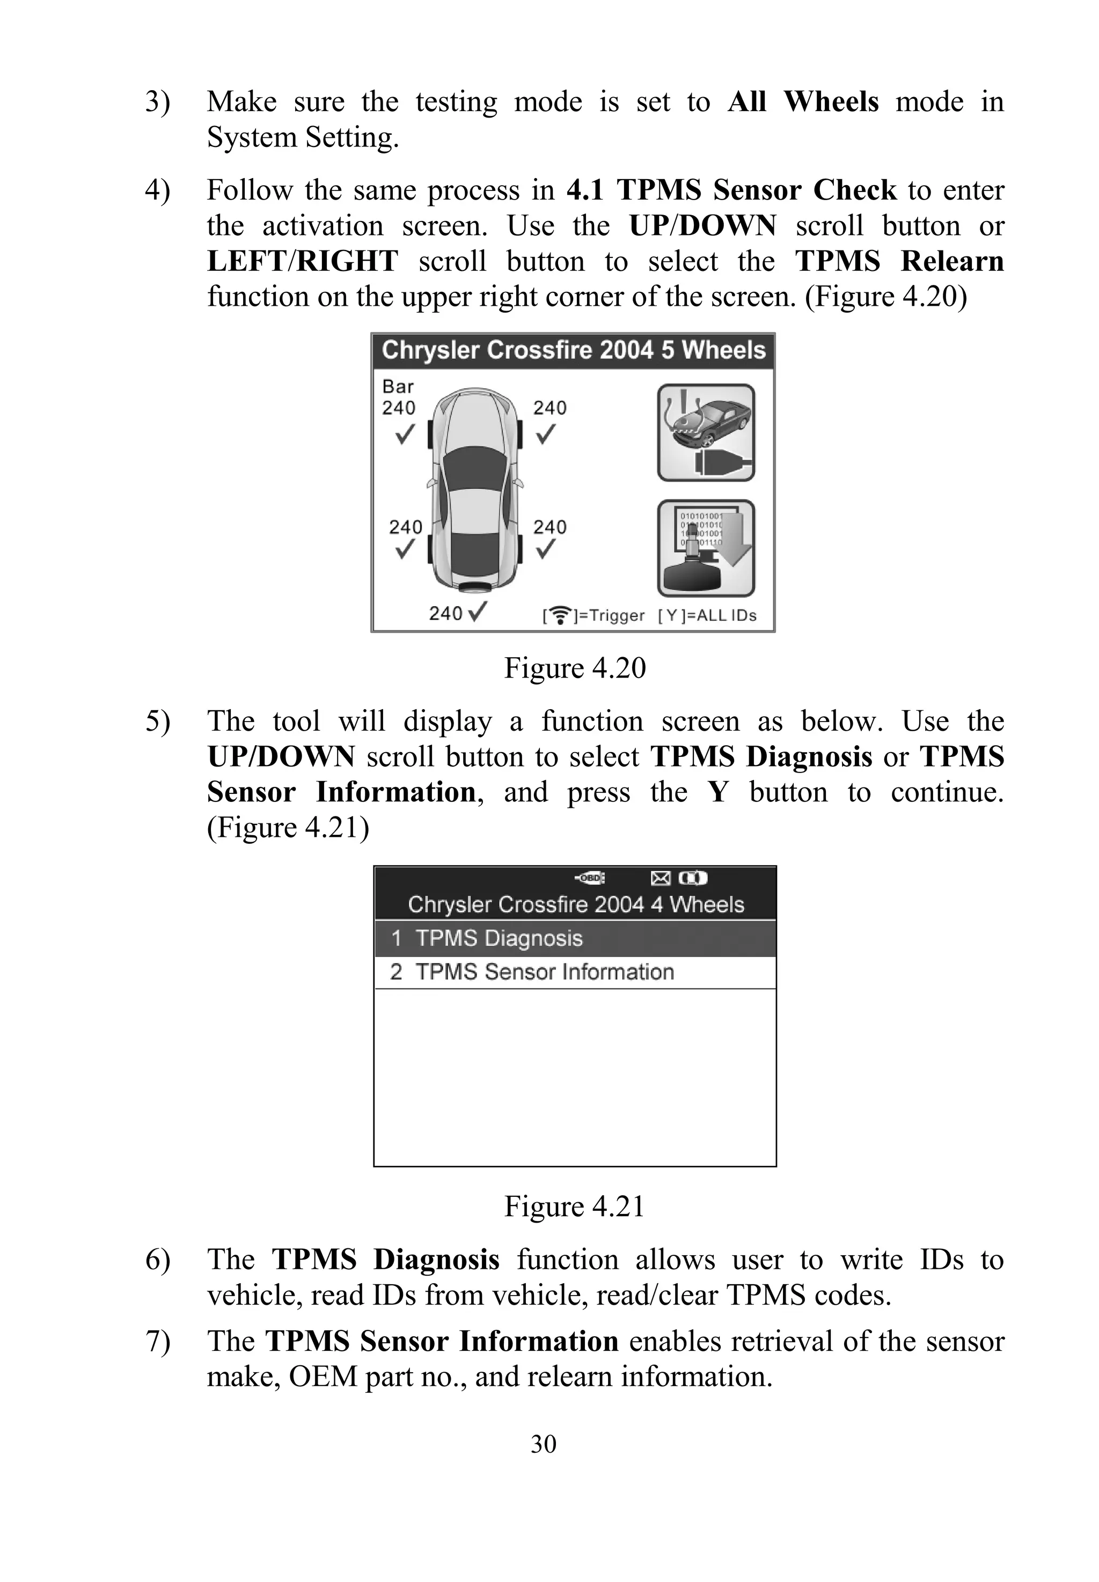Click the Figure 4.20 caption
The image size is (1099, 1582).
[x=574, y=668]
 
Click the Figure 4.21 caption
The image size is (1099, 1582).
[x=574, y=1206]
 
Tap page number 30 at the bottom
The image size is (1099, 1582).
[x=543, y=1444]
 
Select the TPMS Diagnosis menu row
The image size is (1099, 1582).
[x=574, y=938]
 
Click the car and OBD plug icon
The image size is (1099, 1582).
[x=706, y=432]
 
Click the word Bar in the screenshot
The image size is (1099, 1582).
[x=398, y=387]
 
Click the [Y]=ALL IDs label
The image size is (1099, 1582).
[x=707, y=615]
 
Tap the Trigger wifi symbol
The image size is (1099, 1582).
[x=561, y=615]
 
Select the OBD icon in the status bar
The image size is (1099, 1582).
[x=591, y=878]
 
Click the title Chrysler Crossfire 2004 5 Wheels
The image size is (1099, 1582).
[x=573, y=350]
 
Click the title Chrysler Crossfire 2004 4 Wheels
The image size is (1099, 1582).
[x=576, y=904]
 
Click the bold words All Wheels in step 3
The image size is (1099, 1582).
[x=803, y=102]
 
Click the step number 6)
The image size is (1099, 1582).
[x=158, y=1260]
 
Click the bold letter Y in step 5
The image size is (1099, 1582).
[x=717, y=792]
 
